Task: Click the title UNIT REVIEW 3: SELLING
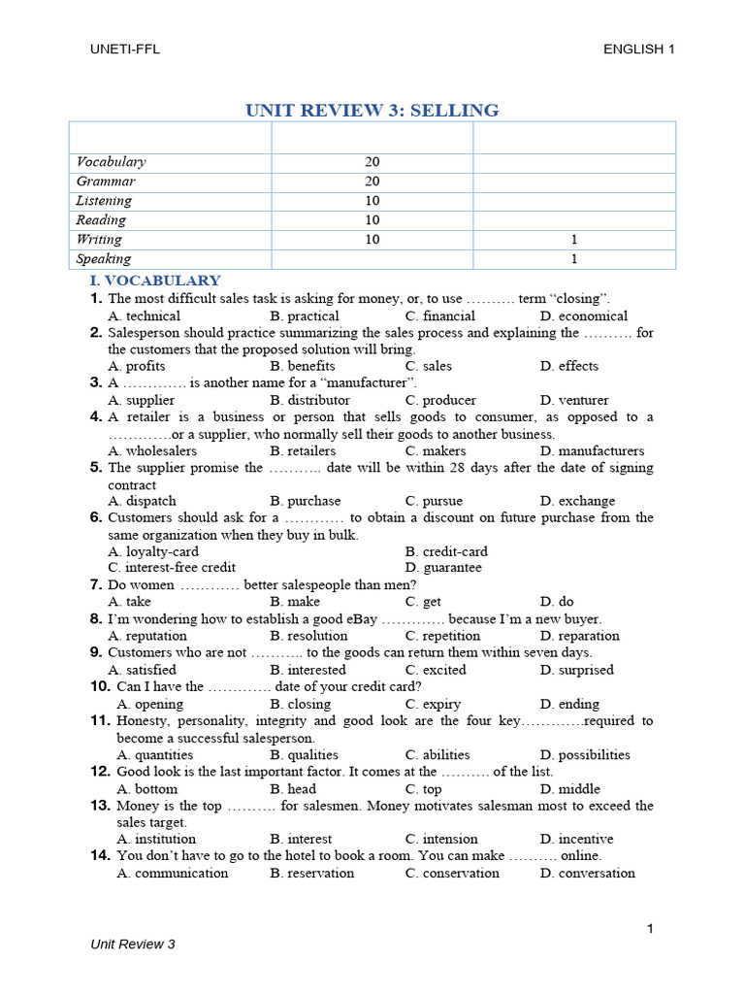[372, 110]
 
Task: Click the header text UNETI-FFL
[122, 50]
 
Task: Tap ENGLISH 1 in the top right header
[638, 50]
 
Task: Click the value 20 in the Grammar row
[372, 182]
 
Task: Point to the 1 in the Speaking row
[574, 259]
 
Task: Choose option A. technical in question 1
[145, 315]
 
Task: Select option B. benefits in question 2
[303, 366]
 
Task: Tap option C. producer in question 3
[440, 400]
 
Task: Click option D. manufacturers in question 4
[592, 450]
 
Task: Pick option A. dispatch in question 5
[143, 501]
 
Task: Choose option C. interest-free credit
[172, 567]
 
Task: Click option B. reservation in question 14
[312, 873]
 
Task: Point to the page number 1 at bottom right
[650, 929]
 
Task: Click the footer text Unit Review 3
[133, 944]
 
